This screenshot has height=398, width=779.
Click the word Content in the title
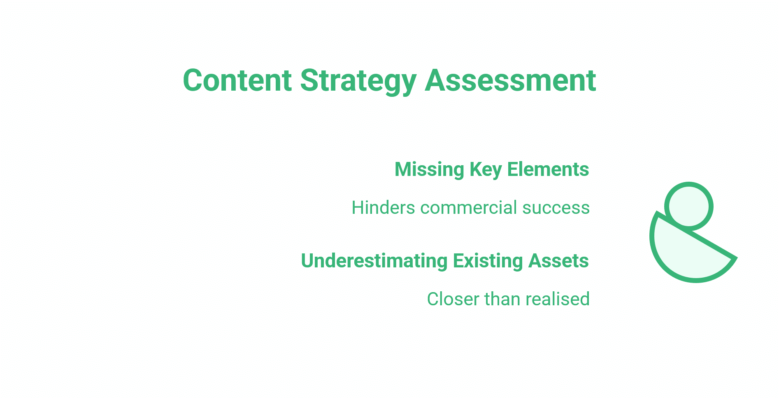point(237,80)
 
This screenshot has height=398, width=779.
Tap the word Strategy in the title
point(358,81)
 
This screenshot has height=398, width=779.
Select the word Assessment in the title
point(510,80)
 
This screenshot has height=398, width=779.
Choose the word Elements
point(548,169)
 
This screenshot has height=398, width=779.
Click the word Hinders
point(383,208)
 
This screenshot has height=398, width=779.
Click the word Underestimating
point(374,261)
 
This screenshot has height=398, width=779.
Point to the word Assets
point(558,261)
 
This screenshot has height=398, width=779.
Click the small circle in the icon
point(688,206)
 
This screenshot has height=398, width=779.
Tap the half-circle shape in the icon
point(683,255)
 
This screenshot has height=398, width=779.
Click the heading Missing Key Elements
point(491,169)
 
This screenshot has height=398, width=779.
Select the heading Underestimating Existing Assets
point(444,261)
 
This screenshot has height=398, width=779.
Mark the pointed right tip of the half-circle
point(735,258)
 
